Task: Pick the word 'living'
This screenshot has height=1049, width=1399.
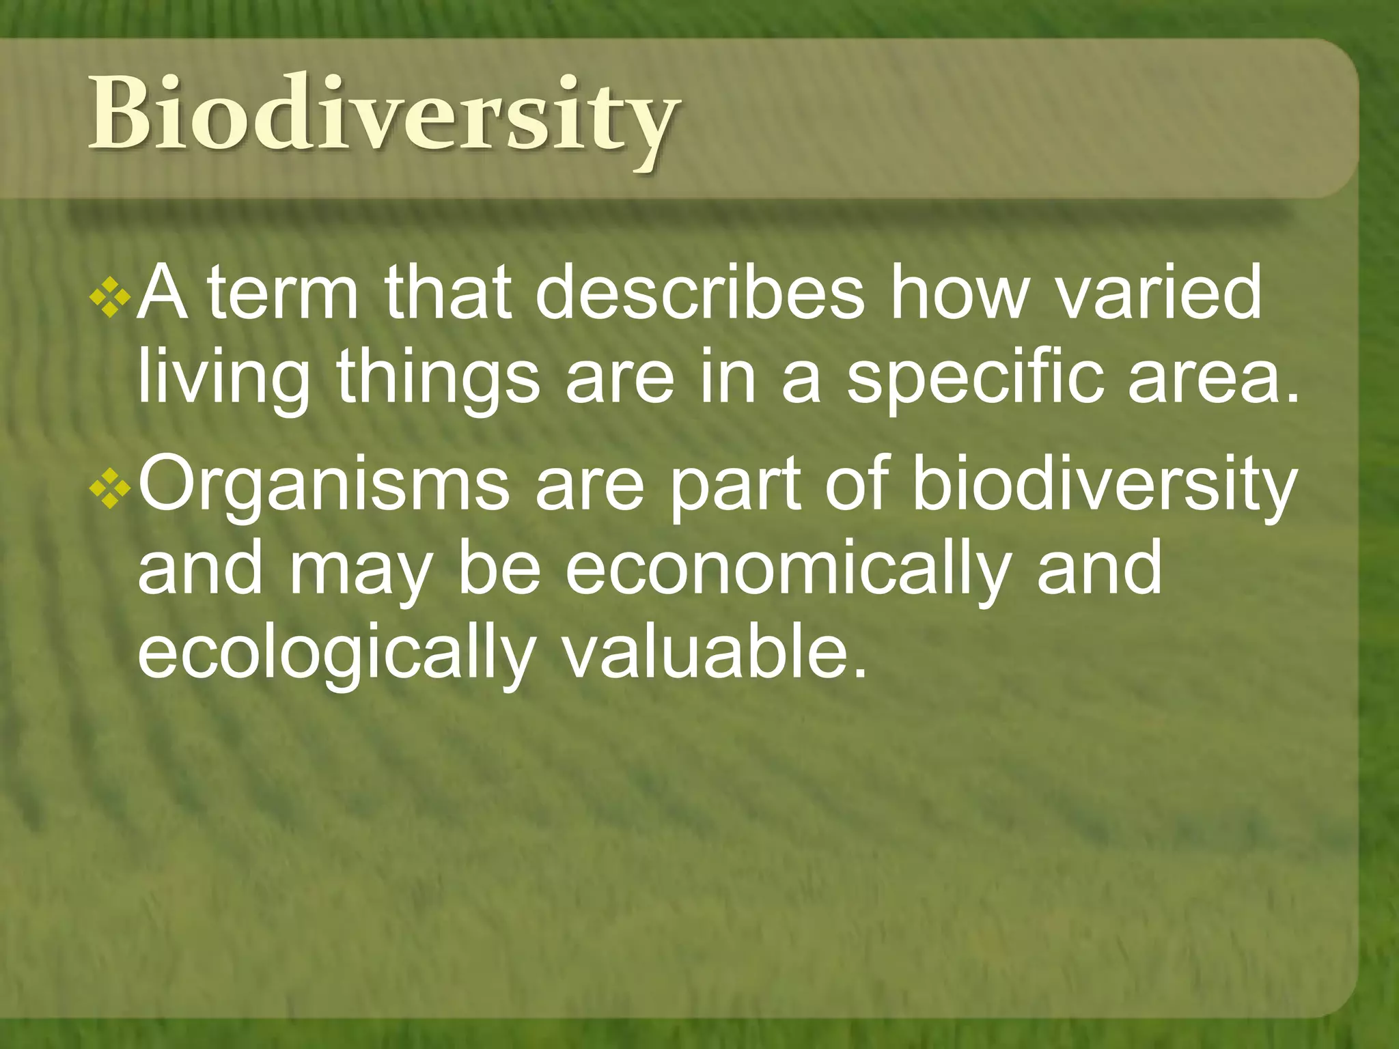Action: coord(223,380)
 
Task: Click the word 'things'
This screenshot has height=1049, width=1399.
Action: coord(438,380)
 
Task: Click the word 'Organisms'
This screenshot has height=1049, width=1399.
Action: coord(324,488)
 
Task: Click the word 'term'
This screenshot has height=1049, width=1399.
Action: coord(282,294)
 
